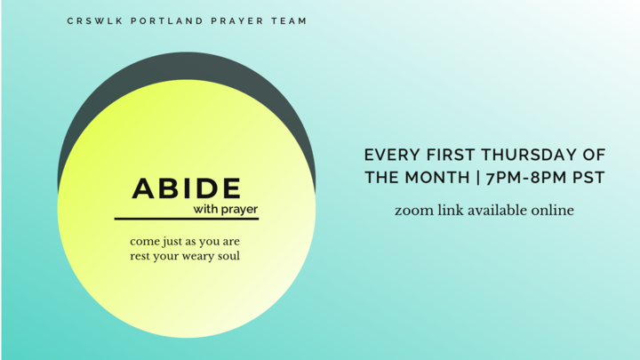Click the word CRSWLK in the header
(x=91, y=21)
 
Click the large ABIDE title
(x=187, y=188)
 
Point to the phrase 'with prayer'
(x=226, y=210)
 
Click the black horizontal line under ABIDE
(x=187, y=219)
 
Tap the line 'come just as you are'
(x=185, y=241)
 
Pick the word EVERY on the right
(x=390, y=155)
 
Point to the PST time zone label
(x=589, y=178)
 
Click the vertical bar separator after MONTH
(x=479, y=178)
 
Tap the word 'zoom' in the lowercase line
(x=413, y=211)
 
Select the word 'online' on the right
(x=553, y=211)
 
